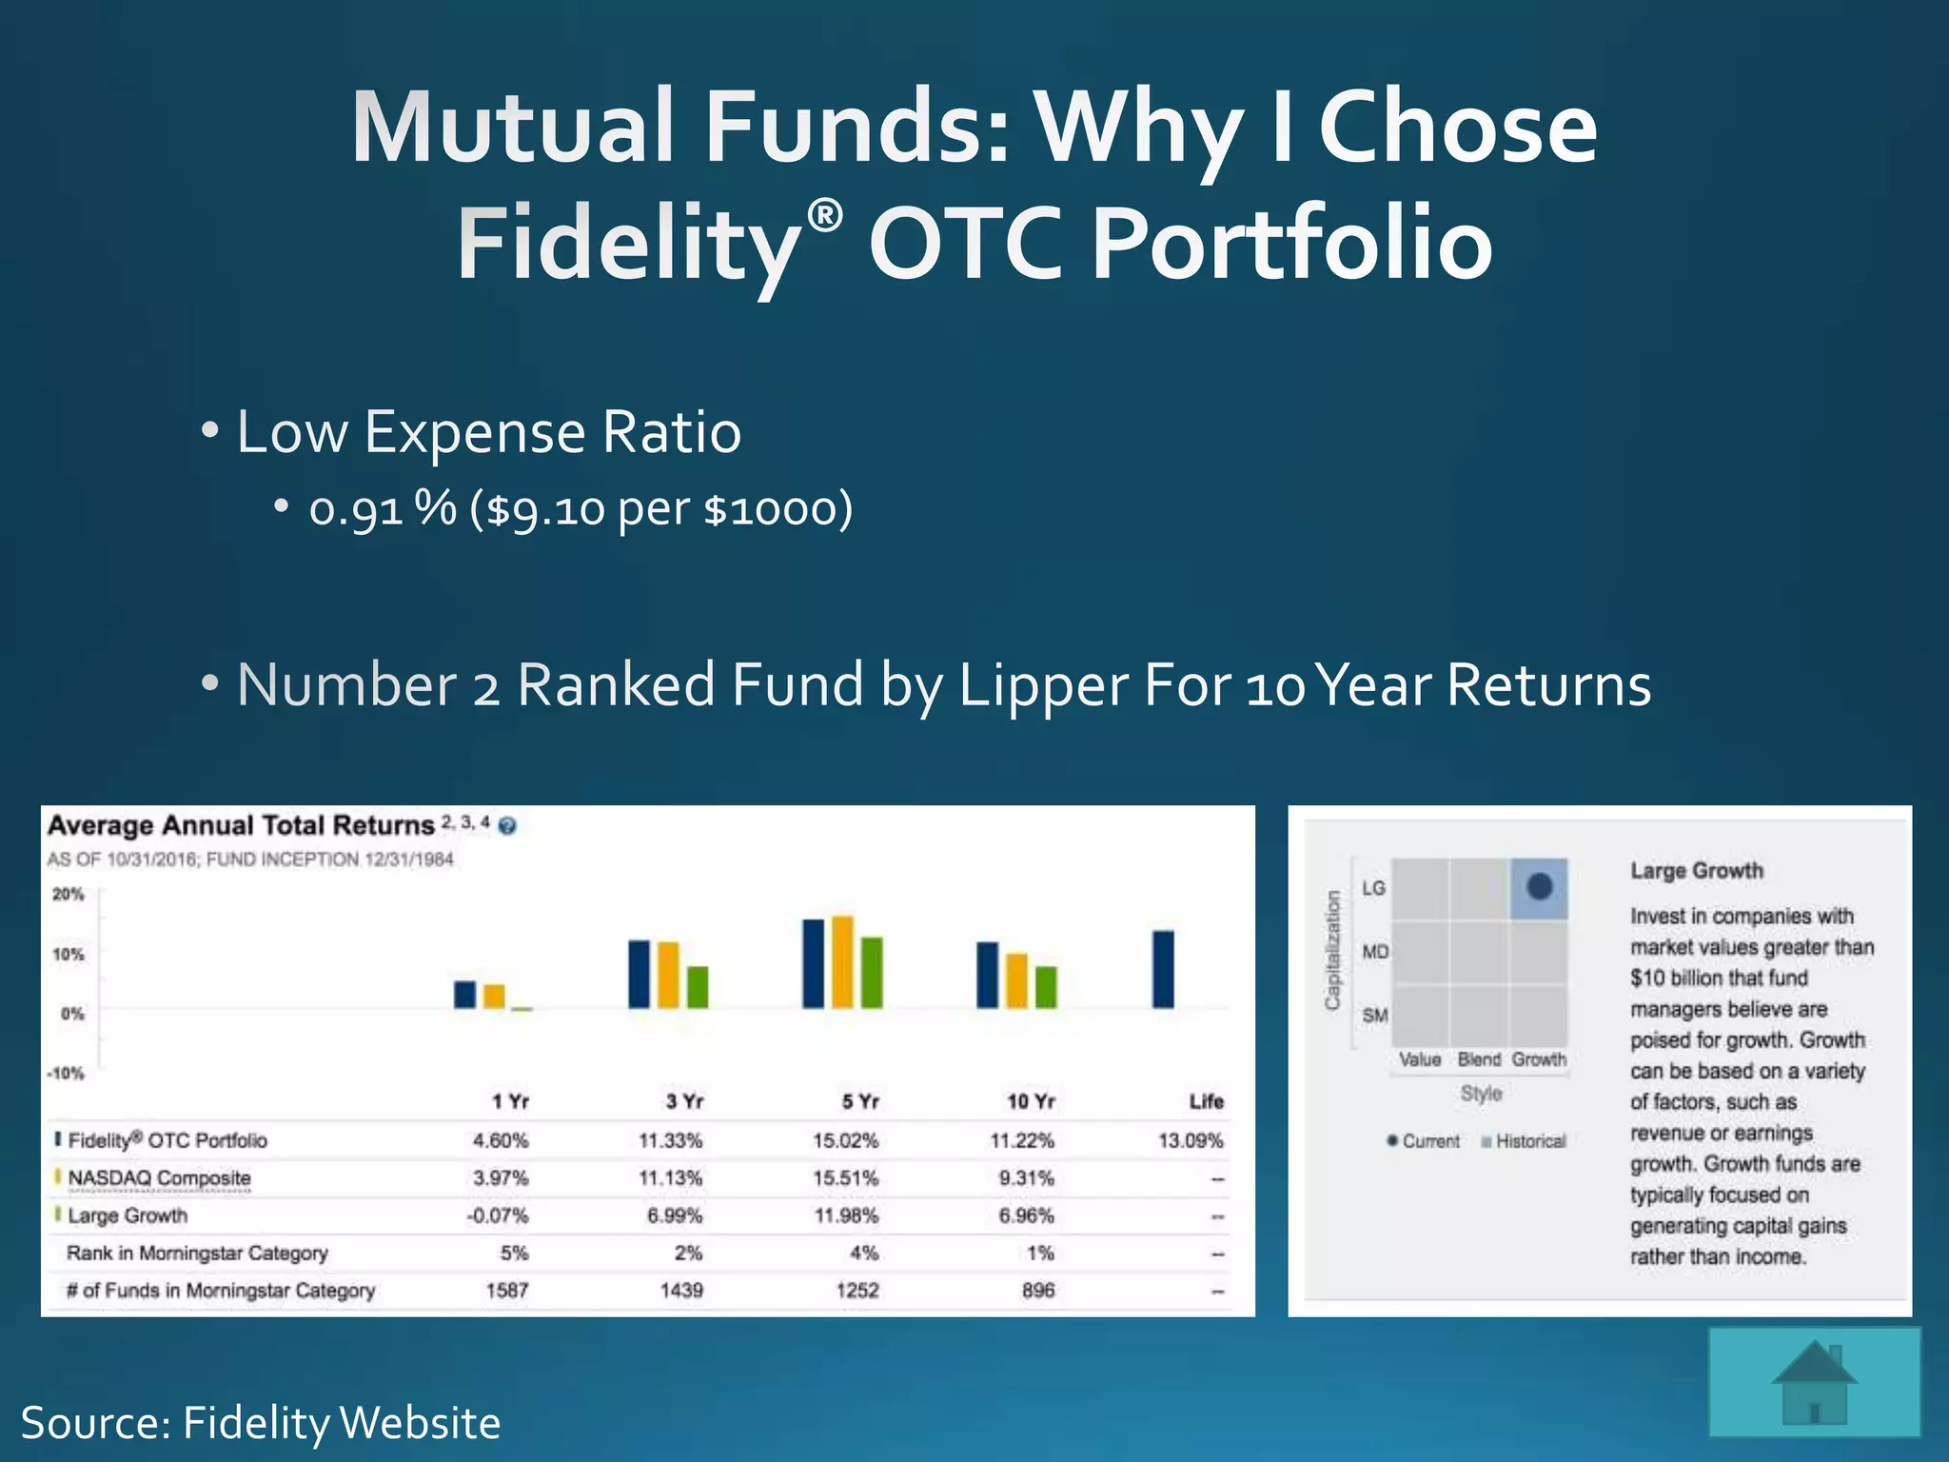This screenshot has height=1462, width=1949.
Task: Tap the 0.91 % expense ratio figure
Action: click(382, 509)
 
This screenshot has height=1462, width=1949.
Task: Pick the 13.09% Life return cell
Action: click(1190, 1140)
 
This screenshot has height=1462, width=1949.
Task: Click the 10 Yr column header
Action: click(1031, 1101)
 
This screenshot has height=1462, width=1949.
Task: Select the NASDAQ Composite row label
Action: click(159, 1178)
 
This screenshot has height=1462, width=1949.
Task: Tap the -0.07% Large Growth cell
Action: click(498, 1215)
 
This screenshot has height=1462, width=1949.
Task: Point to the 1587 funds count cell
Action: click(506, 1291)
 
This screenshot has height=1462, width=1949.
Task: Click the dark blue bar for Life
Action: click(1163, 969)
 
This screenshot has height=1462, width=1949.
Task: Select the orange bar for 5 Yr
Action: click(842, 961)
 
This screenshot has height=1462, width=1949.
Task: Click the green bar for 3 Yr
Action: click(698, 987)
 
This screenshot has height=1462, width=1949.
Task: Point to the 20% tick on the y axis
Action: click(69, 895)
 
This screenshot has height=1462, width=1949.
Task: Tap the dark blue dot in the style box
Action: click(1539, 887)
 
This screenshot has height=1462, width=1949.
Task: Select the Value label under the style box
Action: click(1419, 1059)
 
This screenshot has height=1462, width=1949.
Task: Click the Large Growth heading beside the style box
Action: click(1696, 871)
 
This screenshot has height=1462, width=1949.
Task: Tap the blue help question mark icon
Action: click(507, 825)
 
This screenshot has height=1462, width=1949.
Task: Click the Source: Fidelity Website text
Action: click(260, 1423)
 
